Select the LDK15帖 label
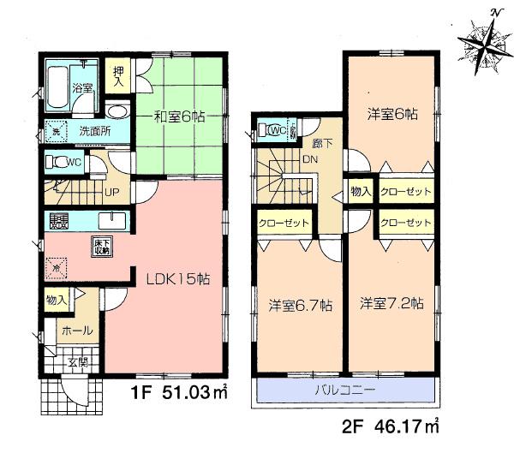point(176,278)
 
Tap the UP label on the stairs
point(111,193)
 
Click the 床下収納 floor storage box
point(100,247)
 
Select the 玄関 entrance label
point(77,363)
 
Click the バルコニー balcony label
point(345,391)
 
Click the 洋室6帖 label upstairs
point(393,114)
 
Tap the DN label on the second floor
point(310,161)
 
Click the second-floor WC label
point(277,131)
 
